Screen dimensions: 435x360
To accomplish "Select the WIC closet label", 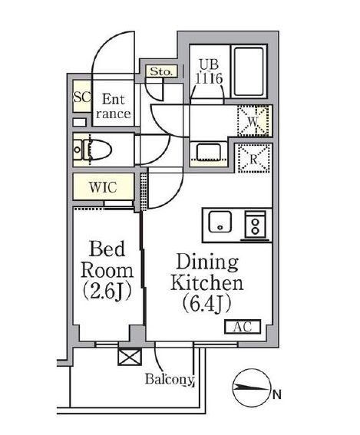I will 103,186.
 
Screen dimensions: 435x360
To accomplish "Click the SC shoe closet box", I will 81,97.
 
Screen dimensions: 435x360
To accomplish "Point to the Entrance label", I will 113,106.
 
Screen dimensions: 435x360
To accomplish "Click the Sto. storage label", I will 161,71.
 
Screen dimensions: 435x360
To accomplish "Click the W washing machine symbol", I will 253,120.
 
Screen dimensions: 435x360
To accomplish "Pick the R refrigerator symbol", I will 253,160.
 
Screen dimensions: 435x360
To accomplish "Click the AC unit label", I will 243,328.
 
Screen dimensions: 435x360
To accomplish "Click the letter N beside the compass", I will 275,397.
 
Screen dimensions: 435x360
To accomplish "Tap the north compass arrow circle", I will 250,395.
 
